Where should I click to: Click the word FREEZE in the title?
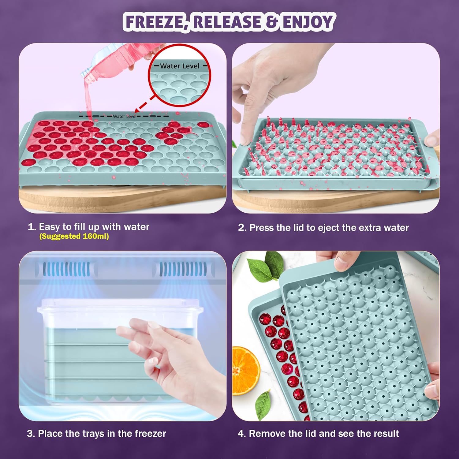(x=154, y=22)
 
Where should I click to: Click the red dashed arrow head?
(x=137, y=111)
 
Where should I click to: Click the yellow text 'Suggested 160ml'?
(x=74, y=236)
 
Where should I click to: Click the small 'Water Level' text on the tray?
(x=125, y=116)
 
